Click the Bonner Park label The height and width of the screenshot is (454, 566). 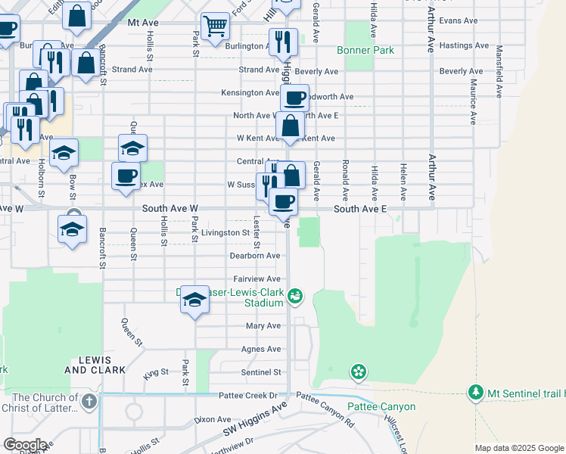click(365, 51)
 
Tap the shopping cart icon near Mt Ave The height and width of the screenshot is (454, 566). click(216, 26)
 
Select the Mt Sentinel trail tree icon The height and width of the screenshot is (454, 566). click(475, 393)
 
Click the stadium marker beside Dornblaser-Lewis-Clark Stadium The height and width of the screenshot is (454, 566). click(296, 297)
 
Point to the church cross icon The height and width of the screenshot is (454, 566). click(89, 401)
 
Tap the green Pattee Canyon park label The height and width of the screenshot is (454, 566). click(381, 406)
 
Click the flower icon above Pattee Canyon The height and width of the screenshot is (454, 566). click(359, 372)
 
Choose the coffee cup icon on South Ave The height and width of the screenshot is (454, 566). click(284, 201)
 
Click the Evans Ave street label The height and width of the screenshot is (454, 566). click(459, 20)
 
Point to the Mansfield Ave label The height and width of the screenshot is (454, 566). click(499, 72)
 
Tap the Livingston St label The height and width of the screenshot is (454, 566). click(225, 233)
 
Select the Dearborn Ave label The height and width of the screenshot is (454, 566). click(255, 256)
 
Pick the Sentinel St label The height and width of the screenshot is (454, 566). click(261, 372)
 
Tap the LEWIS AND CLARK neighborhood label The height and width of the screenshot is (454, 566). click(88, 365)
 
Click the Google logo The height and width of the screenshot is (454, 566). click(24, 444)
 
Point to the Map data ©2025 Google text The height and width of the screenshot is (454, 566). click(519, 448)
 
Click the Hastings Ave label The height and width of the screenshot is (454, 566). click(466, 46)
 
